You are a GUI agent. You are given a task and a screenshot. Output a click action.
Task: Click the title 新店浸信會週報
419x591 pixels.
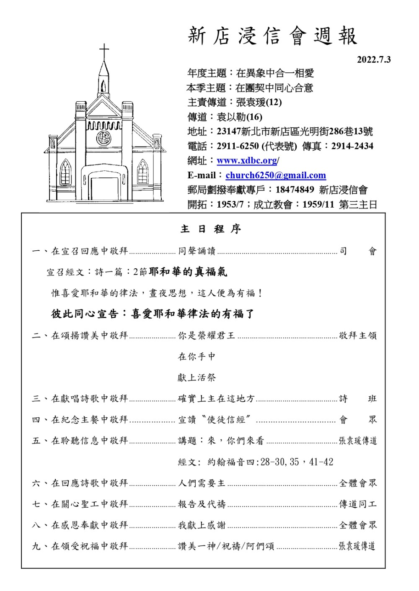(272, 36)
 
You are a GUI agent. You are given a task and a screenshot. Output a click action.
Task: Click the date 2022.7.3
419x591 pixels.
(373, 60)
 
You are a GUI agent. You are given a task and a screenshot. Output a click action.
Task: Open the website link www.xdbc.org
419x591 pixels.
(247, 161)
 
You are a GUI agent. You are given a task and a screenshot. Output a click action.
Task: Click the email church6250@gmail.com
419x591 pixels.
(275, 175)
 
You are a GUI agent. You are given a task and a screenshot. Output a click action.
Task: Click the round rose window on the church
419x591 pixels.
(103, 138)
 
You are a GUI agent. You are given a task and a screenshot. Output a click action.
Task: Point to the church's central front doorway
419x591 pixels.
(104, 187)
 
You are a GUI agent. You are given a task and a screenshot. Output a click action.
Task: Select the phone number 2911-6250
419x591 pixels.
(238, 146)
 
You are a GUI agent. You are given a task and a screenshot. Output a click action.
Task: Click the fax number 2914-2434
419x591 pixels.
(352, 146)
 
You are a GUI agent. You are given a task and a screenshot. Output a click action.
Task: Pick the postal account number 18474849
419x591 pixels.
(295, 190)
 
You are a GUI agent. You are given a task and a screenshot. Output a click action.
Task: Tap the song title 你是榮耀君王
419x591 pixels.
(207, 335)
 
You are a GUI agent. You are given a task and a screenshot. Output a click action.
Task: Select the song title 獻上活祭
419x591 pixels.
(197, 378)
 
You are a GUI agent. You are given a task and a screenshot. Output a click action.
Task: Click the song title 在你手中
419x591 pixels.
(197, 357)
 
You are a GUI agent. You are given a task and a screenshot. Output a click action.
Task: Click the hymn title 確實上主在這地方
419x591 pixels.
(216, 398)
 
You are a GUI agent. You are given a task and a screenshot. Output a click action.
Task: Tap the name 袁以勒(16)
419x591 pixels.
(239, 117)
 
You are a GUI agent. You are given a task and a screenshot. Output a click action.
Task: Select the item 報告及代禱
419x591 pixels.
(202, 504)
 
